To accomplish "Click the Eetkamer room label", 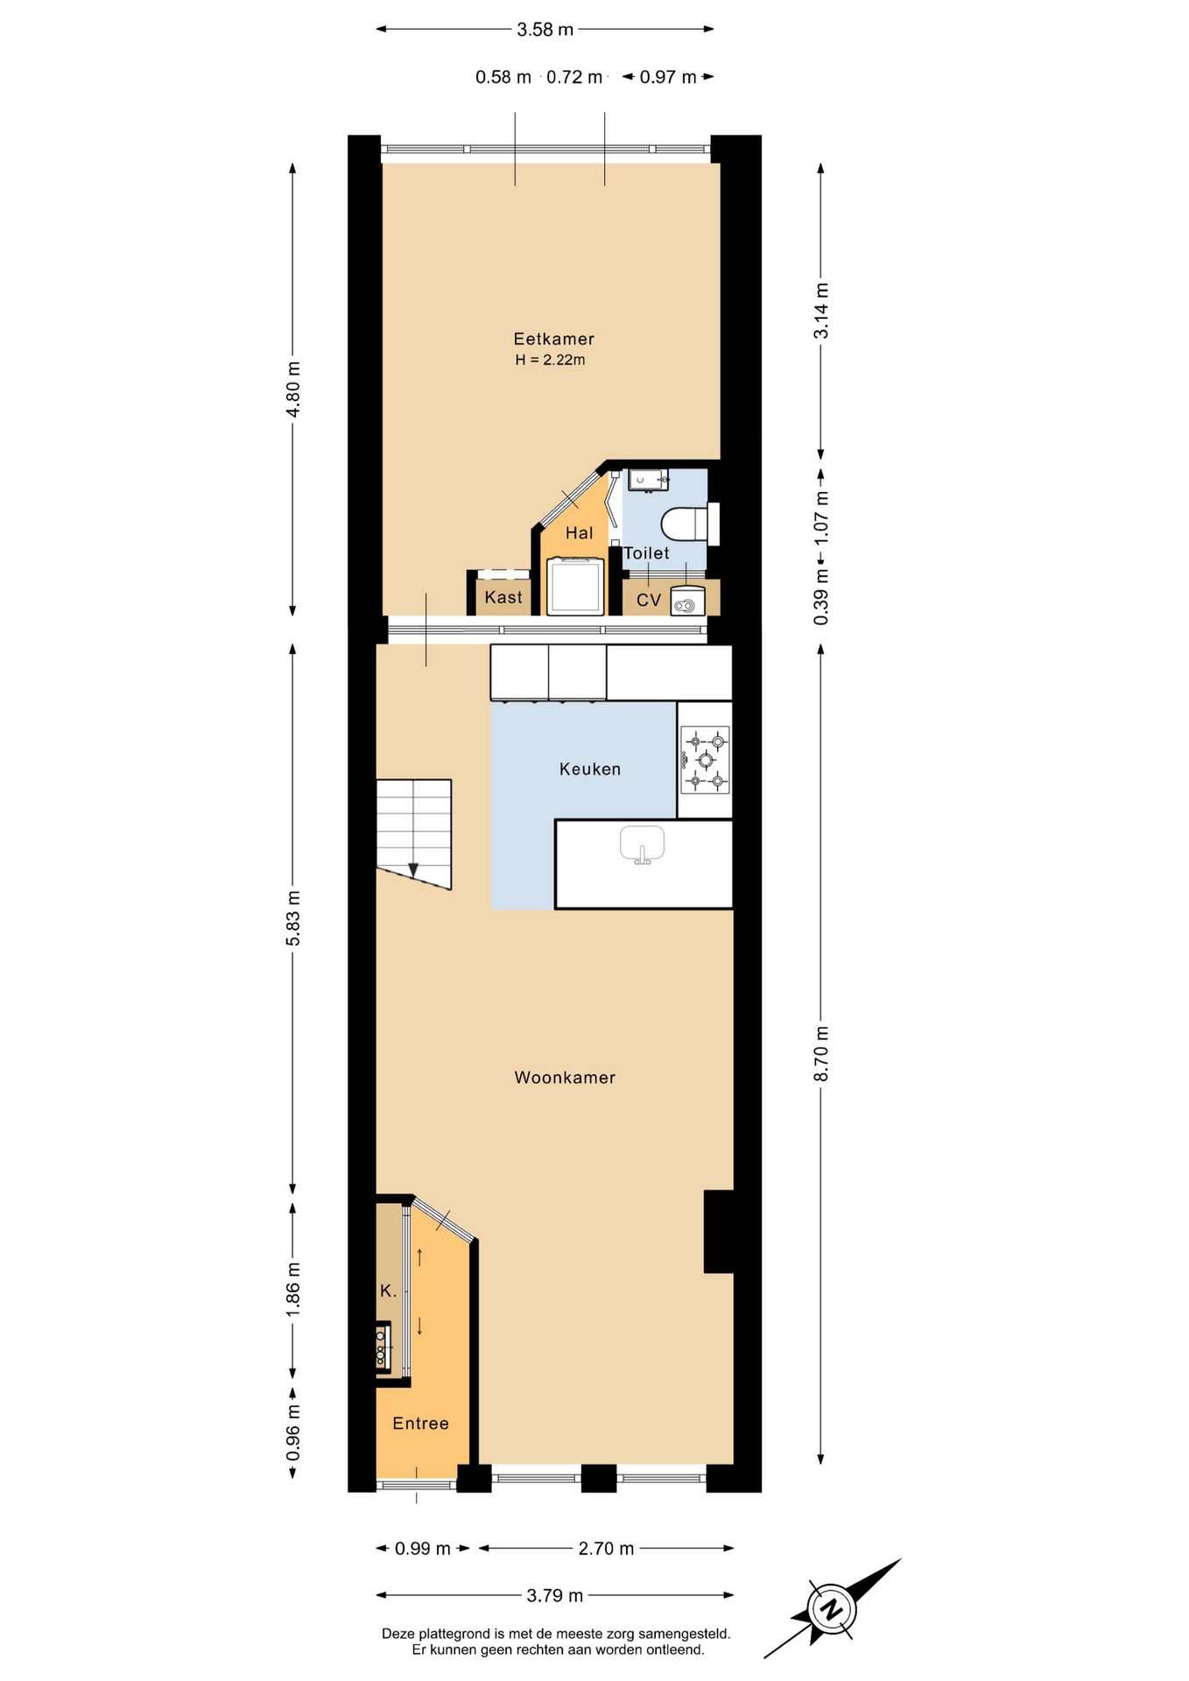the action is pos(553,339).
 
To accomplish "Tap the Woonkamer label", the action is pos(565,1078).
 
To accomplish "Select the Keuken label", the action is pos(590,769).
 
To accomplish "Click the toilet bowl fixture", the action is pos(684,524).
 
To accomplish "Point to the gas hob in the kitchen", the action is pos(705,760).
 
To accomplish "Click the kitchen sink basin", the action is pos(642,844).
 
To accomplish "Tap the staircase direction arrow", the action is pos(413,869).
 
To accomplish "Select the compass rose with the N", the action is pos(833,1608).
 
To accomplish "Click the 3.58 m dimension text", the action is pos(545,30).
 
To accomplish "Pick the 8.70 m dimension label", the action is pos(821,1053).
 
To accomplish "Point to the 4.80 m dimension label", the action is pos(293,389).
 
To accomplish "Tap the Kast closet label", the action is pos(503,597).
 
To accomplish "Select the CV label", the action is pos(649,600).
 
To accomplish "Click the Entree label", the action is pos(420,1424).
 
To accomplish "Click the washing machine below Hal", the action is pos(575,586).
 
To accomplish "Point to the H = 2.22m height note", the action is pos(550,360).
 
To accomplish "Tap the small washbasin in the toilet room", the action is pos(648,479).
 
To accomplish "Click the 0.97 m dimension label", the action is pos(668,77).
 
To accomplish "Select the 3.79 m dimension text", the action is pos(554,1595).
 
